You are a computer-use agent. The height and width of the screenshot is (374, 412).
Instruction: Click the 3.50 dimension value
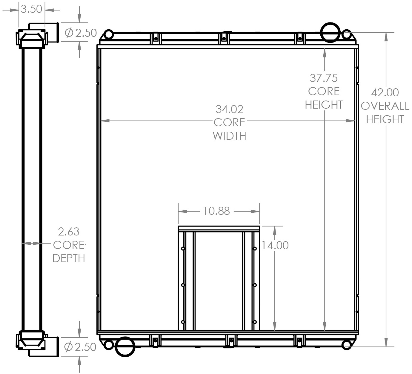click(31, 9)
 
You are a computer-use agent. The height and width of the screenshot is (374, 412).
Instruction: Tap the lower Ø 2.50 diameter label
click(80, 347)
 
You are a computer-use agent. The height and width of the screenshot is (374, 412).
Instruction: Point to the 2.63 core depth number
click(69, 232)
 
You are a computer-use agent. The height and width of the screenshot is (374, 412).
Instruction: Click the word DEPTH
click(69, 258)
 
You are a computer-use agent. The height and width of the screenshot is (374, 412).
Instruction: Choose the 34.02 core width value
click(229, 109)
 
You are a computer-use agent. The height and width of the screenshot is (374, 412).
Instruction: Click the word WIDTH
click(229, 136)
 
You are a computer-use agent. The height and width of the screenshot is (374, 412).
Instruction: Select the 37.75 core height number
click(324, 78)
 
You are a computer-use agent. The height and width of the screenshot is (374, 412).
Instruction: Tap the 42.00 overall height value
click(385, 92)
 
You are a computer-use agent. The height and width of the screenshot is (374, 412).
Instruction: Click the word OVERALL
click(385, 106)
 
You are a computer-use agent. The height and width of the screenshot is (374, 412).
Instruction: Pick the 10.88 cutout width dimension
click(217, 211)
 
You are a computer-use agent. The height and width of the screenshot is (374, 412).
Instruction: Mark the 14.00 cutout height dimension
click(275, 245)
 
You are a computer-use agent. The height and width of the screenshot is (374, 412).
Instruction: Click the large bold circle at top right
click(330, 32)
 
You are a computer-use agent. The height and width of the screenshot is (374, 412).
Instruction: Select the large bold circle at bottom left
click(125, 347)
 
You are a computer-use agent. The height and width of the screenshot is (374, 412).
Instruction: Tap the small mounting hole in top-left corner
click(109, 34)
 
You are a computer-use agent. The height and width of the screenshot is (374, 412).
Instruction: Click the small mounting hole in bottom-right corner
click(346, 345)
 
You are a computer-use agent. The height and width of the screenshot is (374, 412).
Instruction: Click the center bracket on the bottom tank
click(231, 341)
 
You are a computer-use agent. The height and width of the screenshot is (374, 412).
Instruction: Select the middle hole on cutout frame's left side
click(183, 285)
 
